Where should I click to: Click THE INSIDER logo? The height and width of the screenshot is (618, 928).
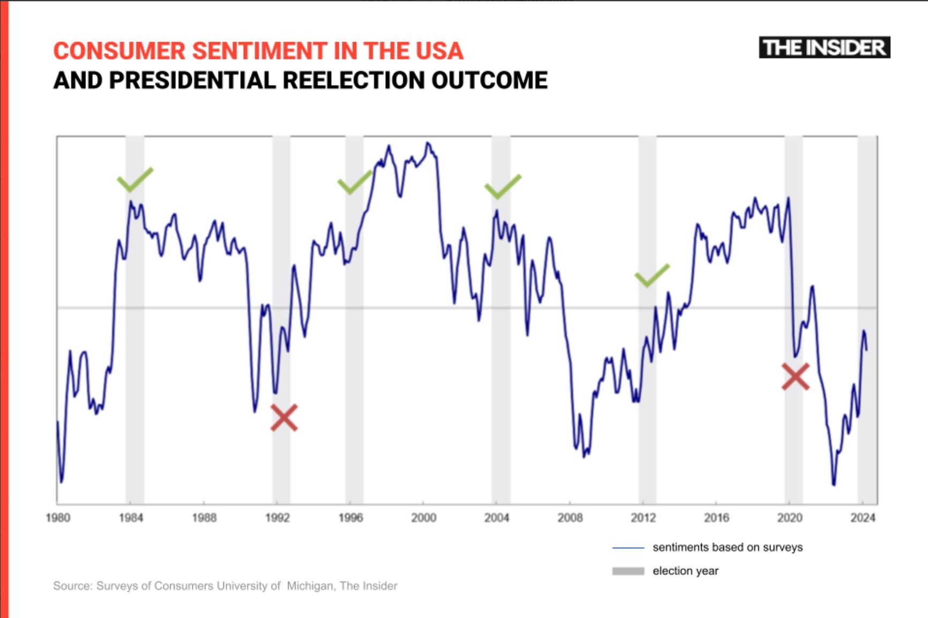pos(824,48)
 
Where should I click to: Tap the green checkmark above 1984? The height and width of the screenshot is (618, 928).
pos(134,180)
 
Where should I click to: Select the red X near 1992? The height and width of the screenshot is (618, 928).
pos(284,418)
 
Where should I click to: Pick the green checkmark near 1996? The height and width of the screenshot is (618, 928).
pos(354,183)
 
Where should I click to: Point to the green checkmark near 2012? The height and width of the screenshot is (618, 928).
pos(652,276)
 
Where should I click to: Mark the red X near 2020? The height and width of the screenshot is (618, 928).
pos(796,376)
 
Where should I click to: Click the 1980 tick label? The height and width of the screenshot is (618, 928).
pos(58,518)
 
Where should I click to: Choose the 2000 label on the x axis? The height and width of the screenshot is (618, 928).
pos(423,518)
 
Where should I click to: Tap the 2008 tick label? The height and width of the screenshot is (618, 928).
pos(570,518)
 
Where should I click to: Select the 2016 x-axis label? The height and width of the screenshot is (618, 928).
pos(716,518)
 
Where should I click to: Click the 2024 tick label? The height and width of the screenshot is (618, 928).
pos(863,518)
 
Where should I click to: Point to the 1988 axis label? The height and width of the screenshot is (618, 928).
pos(204,518)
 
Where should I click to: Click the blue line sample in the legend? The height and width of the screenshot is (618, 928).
pos(628,548)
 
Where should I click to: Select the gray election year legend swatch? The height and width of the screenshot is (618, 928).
pos(628,571)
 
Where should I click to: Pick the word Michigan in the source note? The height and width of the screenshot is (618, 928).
pos(310,586)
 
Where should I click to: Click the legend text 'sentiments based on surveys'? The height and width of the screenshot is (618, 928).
pos(728,547)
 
